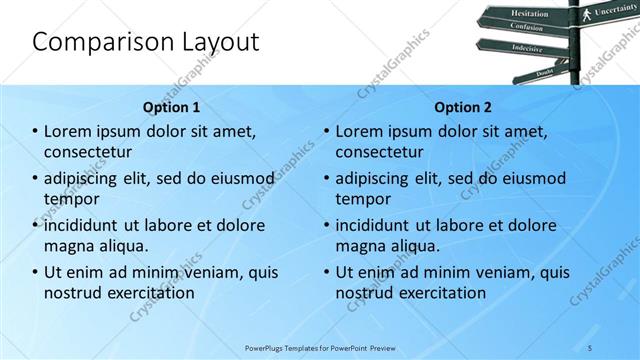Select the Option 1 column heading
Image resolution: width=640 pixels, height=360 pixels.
pyautogui.click(x=171, y=107)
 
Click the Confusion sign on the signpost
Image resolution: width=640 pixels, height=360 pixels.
pyautogui.click(x=529, y=28)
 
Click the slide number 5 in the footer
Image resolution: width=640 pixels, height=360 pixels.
pyautogui.click(x=591, y=349)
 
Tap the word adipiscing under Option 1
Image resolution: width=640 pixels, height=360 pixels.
pyautogui.click(x=86, y=179)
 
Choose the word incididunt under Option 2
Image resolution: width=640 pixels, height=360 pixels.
pyautogui.click(x=376, y=225)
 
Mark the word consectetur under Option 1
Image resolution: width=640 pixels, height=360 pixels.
pyautogui.click(x=88, y=151)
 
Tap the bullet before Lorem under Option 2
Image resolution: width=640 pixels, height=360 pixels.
pyautogui.click(x=327, y=131)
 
